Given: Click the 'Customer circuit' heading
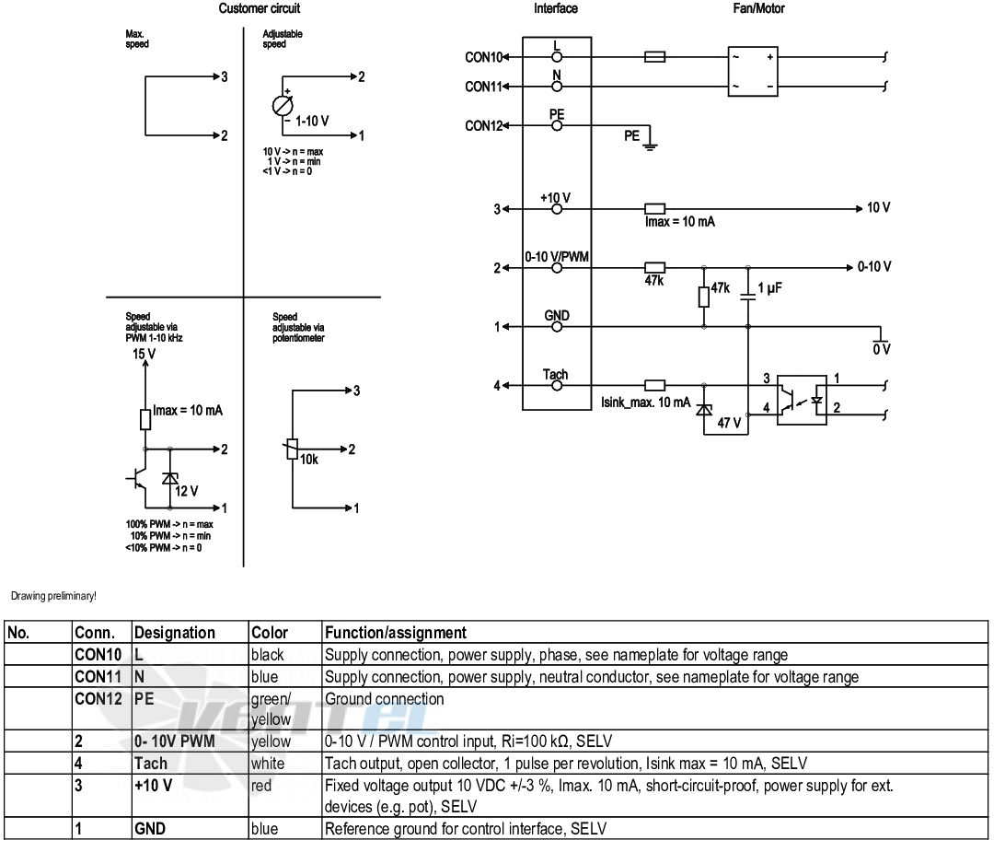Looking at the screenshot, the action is click(x=259, y=8).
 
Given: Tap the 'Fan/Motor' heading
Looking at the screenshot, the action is click(x=758, y=8).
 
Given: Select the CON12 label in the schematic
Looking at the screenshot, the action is click(x=484, y=126).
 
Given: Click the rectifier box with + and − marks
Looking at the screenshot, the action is click(x=753, y=71).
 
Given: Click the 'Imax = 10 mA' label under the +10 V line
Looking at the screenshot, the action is click(x=679, y=222).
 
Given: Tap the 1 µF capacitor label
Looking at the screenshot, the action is click(x=769, y=288).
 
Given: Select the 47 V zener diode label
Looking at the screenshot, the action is click(x=729, y=423).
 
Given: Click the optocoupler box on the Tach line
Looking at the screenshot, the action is click(x=802, y=401).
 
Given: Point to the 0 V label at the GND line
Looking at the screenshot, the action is click(x=882, y=349).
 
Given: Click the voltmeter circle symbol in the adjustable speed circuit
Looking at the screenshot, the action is click(x=283, y=106).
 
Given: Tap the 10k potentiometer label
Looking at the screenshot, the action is click(x=309, y=460).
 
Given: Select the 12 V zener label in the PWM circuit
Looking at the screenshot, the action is click(x=187, y=492).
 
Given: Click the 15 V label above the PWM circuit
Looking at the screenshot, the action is click(x=144, y=354).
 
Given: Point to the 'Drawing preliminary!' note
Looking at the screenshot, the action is click(x=53, y=596).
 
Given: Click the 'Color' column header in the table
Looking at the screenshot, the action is click(x=269, y=633).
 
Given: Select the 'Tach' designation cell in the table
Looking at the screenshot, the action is click(x=151, y=764).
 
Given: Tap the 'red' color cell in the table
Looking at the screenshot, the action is click(x=260, y=786).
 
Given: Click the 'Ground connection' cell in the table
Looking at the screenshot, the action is click(x=384, y=699).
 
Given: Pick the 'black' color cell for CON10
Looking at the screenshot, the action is click(x=267, y=655).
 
